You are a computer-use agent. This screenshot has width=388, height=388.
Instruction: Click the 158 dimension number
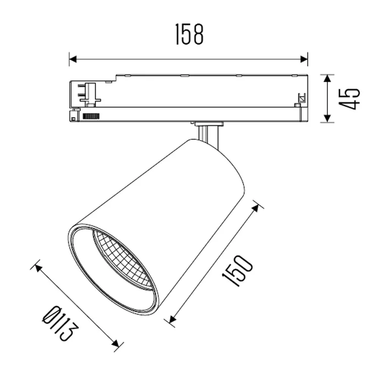click(189, 34)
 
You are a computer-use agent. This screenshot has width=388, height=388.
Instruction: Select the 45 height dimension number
click(349, 99)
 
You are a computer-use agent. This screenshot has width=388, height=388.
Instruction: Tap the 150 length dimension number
click(237, 270)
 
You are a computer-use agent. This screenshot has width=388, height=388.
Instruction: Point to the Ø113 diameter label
click(61, 323)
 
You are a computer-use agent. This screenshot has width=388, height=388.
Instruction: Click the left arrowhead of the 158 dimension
click(73, 59)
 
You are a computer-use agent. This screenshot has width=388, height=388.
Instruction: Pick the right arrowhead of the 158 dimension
click(304, 59)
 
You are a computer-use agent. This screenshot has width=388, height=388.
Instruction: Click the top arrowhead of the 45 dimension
click(327, 79)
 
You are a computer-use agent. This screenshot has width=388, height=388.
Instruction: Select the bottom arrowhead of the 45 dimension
click(327, 118)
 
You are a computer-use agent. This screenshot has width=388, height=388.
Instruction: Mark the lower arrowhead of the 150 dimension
click(172, 319)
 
